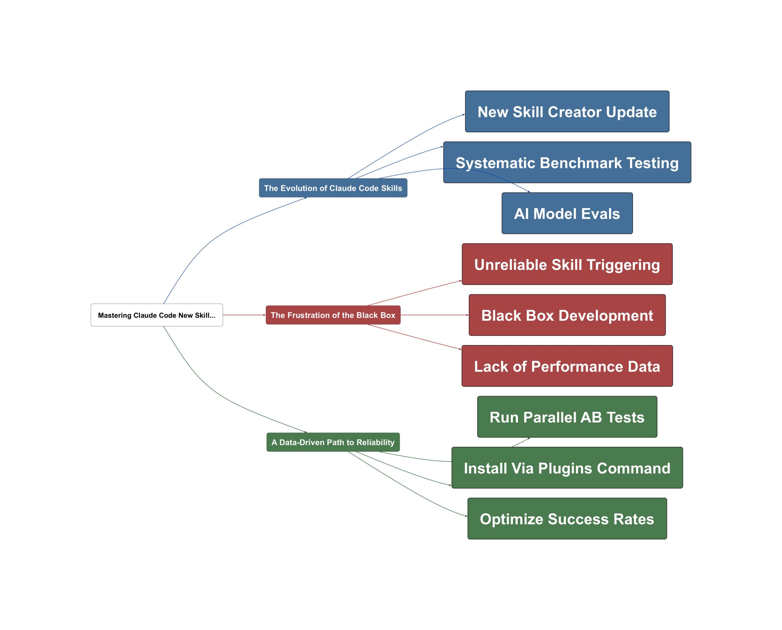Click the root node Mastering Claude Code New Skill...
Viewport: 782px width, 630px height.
click(157, 315)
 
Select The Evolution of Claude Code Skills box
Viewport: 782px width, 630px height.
click(333, 188)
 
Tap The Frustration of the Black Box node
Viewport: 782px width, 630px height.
click(333, 315)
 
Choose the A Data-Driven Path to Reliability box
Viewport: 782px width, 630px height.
click(333, 442)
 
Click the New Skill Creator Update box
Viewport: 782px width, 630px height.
click(567, 112)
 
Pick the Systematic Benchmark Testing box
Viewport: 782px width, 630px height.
click(567, 162)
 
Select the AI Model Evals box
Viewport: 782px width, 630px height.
click(567, 213)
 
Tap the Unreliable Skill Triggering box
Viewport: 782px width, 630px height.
click(567, 264)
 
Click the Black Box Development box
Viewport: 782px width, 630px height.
click(567, 315)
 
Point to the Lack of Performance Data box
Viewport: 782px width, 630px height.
click(567, 366)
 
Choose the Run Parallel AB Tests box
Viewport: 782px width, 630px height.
click(567, 417)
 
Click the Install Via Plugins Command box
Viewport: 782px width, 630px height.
click(567, 468)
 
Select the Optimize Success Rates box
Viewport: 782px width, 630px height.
click(567, 518)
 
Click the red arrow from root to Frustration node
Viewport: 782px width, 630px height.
click(244, 315)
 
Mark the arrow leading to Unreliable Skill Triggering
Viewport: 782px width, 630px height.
click(414, 293)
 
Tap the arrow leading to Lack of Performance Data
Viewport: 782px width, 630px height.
click(414, 337)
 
